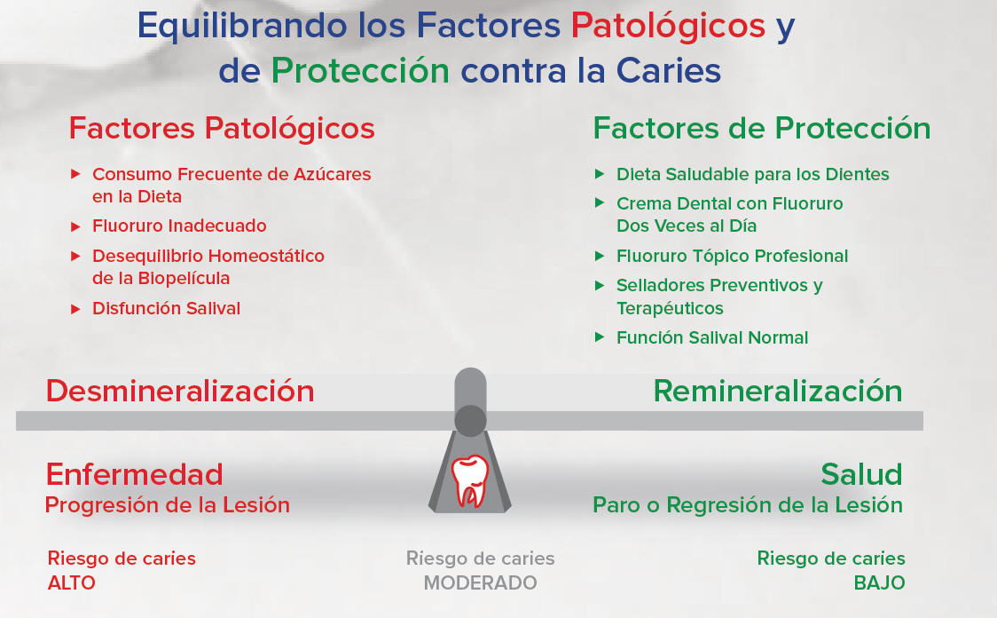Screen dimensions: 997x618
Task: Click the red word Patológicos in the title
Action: point(668,26)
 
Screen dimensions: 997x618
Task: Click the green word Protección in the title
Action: point(360,70)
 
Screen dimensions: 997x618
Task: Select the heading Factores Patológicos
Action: point(222,128)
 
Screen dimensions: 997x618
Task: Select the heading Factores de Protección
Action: point(762,128)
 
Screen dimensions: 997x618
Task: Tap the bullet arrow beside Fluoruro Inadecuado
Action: point(75,226)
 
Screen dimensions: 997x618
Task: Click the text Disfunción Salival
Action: point(166,308)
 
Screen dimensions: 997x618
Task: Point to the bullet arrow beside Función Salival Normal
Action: point(599,337)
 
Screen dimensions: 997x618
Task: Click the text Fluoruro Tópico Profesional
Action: point(732,256)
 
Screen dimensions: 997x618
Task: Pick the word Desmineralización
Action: point(180,391)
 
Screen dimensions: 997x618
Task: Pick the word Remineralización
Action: point(778,391)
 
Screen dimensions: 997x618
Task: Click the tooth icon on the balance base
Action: point(470,480)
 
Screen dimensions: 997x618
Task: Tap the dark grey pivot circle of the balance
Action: point(470,421)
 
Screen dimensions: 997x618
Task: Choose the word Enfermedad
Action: point(134,475)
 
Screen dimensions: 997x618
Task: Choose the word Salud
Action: point(861,475)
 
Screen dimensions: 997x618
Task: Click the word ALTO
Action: point(71,583)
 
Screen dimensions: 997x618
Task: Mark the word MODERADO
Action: point(480,583)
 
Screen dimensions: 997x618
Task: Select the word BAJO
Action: point(879,583)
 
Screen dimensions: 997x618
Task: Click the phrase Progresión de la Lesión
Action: point(168,505)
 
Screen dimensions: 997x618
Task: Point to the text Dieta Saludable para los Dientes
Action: point(753,174)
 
